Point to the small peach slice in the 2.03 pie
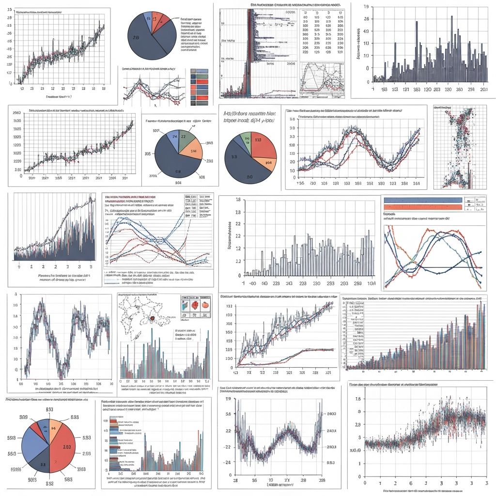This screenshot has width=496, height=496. point(54,427)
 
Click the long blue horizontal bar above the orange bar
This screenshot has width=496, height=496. point(421,200)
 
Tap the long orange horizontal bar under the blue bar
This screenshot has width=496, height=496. point(421,207)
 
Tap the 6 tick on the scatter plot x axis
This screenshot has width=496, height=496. point(411,483)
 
